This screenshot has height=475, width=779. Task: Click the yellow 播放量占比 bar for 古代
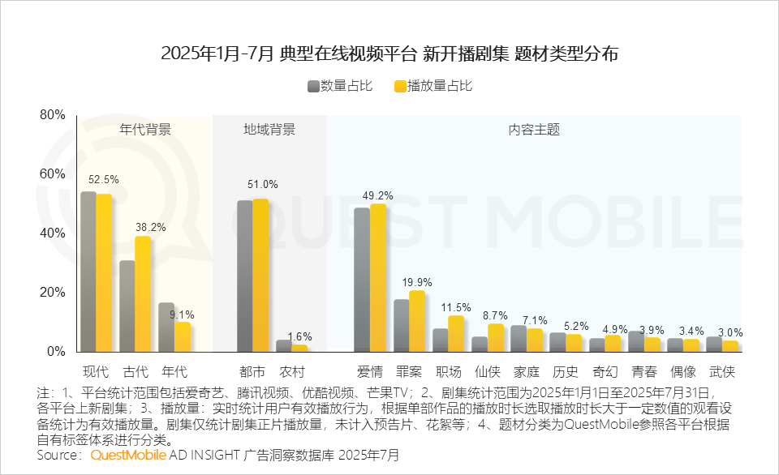coord(143,293)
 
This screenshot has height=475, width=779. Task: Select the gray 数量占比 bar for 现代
coord(88,272)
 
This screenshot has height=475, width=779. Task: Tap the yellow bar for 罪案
coord(417,321)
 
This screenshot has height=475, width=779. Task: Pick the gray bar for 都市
coord(244,276)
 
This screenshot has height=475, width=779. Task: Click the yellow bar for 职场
coord(456,333)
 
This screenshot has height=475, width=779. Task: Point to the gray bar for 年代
coord(166,327)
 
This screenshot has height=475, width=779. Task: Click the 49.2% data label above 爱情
coord(378,195)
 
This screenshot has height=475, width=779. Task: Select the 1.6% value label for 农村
coord(299,336)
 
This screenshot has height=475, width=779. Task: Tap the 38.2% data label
coord(150,228)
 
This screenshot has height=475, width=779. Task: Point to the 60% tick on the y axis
coord(53,174)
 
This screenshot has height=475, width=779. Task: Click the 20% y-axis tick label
coord(53,293)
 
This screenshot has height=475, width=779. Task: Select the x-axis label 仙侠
coord(488,373)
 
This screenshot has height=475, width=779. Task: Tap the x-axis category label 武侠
coord(721,373)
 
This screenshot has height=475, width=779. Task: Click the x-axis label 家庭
coord(527,373)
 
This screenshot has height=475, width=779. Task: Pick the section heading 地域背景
coord(269,130)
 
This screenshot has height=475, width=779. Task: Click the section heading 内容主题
coord(534,130)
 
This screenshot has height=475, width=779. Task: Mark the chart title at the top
coord(389,54)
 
